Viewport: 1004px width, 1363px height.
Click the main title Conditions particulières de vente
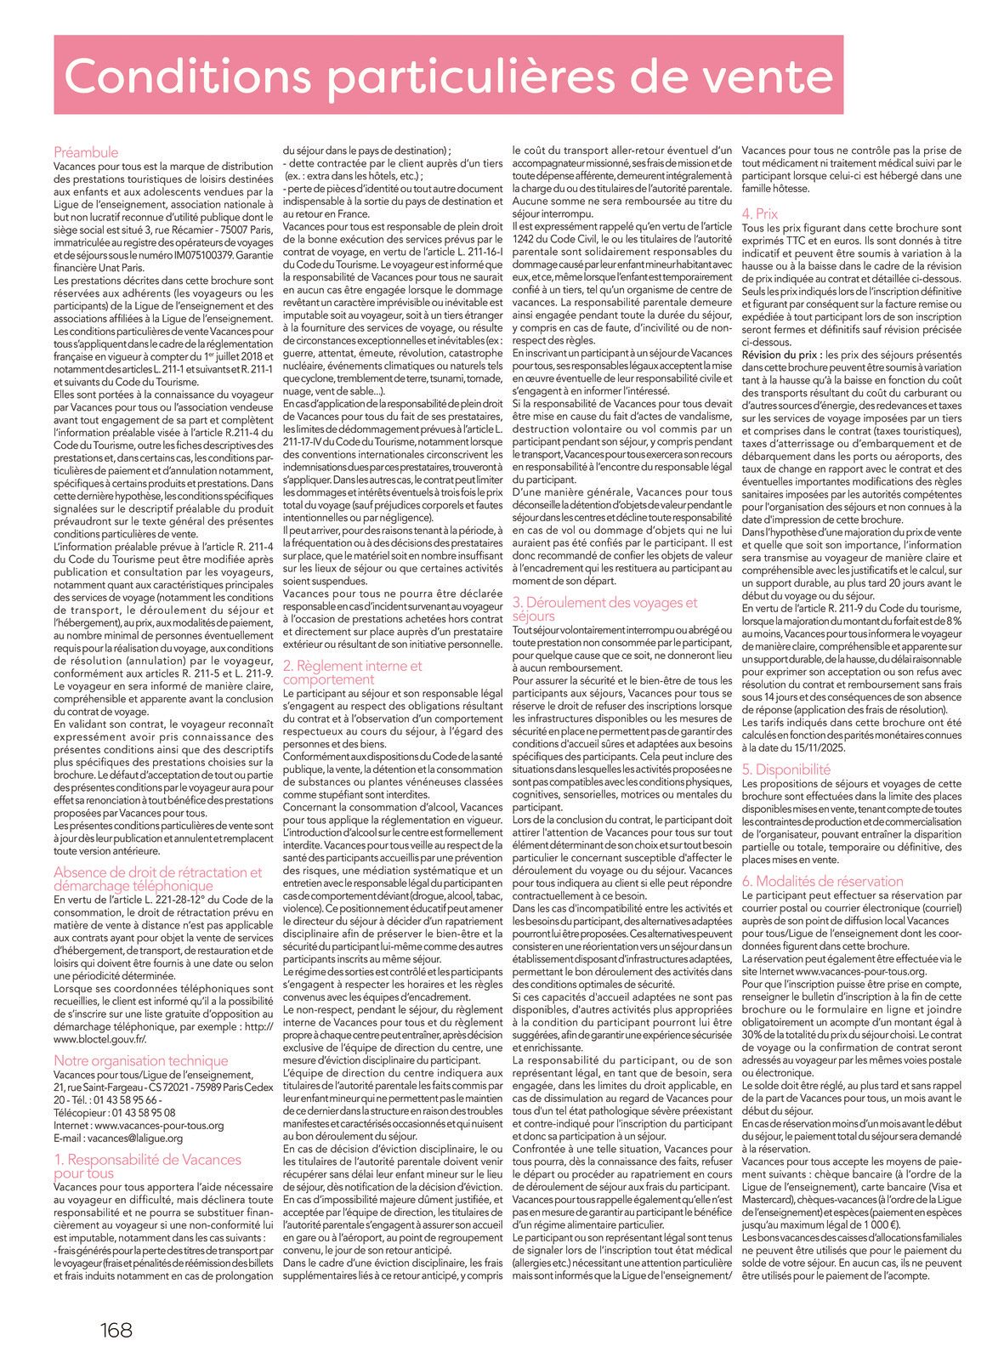point(448,76)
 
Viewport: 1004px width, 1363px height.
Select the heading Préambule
point(86,152)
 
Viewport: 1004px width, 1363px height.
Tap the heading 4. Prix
point(759,213)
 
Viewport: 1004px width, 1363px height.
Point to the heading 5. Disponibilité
point(786,770)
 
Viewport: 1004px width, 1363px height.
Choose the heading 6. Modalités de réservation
point(822,881)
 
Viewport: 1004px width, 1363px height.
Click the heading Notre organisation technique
point(141,1060)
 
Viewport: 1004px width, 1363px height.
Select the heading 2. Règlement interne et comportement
point(352,673)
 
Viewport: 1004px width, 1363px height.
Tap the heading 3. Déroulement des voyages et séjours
point(604,609)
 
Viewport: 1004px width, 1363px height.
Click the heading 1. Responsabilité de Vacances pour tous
point(147,1166)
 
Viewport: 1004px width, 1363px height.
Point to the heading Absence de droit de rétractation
point(158,878)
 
